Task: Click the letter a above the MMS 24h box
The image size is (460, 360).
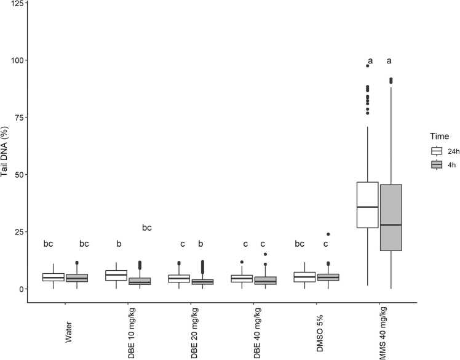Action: coord(370,61)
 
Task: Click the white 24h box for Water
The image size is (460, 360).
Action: coord(54,277)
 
